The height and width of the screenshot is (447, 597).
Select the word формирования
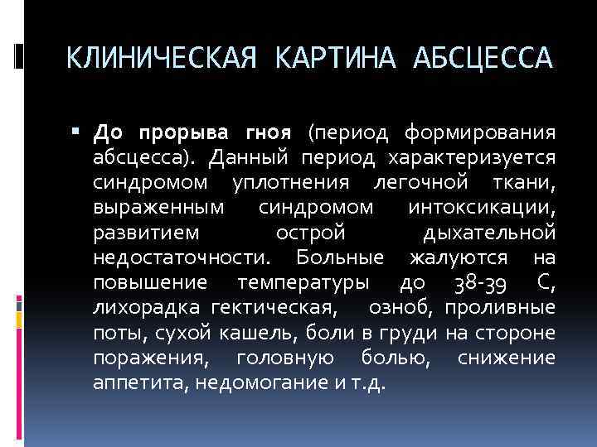479,132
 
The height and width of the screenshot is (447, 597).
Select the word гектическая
274,309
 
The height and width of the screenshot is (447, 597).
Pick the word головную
285,359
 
